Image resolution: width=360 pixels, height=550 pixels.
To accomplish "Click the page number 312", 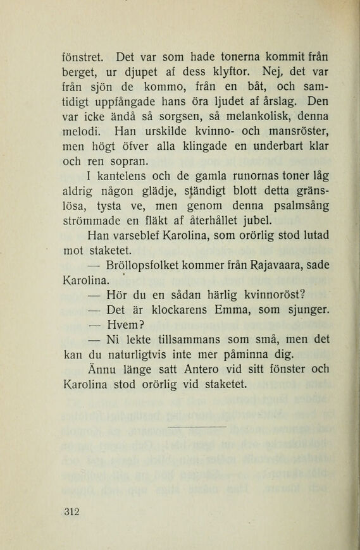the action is point(71,512).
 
